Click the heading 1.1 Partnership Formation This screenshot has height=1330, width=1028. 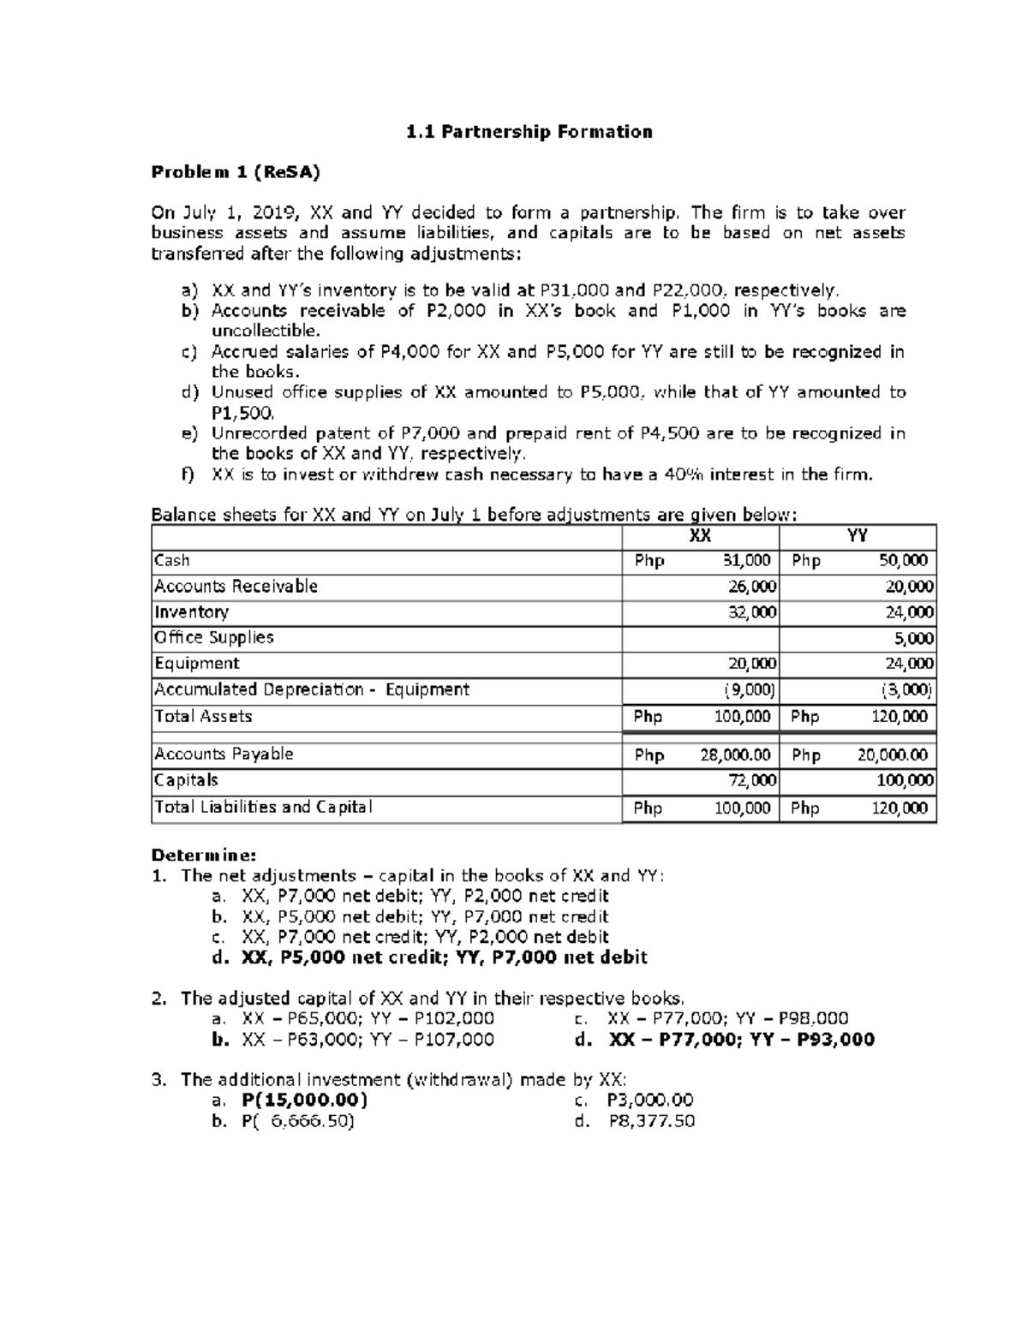coord(529,132)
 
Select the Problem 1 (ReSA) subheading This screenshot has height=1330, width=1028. coord(236,172)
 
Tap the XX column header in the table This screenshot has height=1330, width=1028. coord(700,536)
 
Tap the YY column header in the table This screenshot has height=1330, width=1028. coord(857,536)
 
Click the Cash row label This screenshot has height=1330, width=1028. coord(172,561)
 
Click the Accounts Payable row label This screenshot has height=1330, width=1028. coord(224,754)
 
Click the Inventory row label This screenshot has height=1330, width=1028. coord(191,612)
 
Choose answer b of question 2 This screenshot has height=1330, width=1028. coord(353,1040)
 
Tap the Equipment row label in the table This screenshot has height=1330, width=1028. coord(197,664)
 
